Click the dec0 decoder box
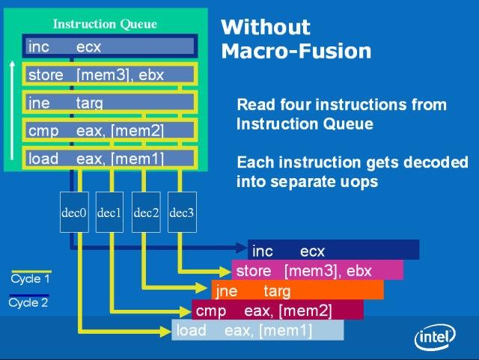click(73, 213)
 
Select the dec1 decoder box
click(110, 213)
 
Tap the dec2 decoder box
click(146, 213)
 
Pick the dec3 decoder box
click(182, 213)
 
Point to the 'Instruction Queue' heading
click(105, 24)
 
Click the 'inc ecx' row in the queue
click(109, 46)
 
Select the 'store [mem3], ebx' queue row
click(109, 74)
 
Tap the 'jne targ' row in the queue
click(109, 103)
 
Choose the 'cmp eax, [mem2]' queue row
click(109, 130)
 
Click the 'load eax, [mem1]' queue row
click(109, 158)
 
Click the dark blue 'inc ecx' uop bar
click(333, 251)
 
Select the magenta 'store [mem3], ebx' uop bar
click(317, 270)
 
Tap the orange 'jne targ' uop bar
click(297, 290)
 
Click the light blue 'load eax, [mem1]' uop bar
click(257, 330)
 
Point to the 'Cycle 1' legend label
click(30, 279)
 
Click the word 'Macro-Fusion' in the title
click(296, 52)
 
